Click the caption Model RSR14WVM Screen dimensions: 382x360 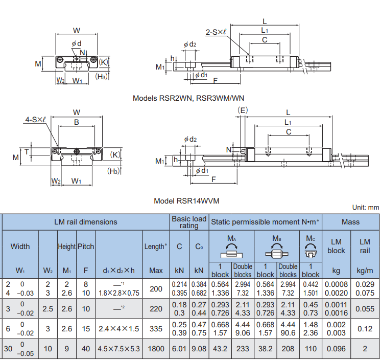(186, 201)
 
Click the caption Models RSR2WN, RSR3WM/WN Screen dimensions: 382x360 (188, 98)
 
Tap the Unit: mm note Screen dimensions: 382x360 (366, 208)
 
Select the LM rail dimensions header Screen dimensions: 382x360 (86, 222)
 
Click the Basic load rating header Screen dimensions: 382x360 (189, 222)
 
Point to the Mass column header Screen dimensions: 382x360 (350, 222)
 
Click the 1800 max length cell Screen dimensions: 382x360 (156, 349)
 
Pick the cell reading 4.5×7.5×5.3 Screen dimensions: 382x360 (119, 349)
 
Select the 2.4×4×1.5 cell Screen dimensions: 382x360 (119, 329)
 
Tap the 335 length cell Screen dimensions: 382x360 (156, 329)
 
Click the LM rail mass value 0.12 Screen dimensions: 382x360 (365, 329)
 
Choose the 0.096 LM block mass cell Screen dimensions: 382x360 (336, 349)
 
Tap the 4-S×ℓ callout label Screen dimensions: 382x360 (35, 120)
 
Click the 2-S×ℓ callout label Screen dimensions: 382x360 (216, 32)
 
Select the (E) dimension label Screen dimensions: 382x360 (243, 110)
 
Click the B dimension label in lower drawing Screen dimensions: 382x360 (77, 122)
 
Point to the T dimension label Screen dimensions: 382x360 (27, 152)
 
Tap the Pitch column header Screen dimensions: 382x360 (86, 246)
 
